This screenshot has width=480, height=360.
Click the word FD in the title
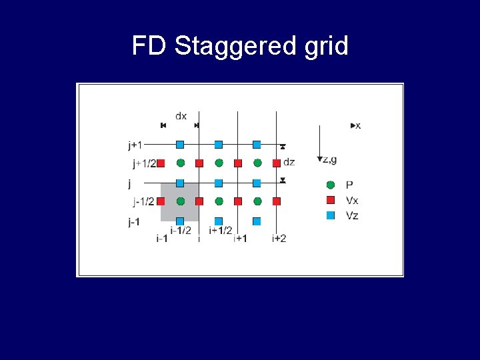[149, 46]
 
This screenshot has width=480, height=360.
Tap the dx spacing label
[181, 115]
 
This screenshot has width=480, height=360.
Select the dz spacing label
[289, 161]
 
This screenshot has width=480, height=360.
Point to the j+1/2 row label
[143, 163]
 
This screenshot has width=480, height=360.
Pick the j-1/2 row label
[143, 201]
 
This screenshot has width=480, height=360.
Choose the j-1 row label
[134, 223]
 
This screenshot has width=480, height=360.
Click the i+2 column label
[279, 238]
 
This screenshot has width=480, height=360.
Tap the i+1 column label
[240, 238]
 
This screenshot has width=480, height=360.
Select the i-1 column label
[161, 238]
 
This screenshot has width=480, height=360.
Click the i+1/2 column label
[220, 231]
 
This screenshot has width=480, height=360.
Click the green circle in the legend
[331, 185]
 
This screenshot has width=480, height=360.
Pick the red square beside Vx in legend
[331, 200]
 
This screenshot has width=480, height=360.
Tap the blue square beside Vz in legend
[331, 215]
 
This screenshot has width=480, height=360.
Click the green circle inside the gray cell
[180, 201]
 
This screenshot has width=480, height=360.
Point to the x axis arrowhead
[353, 125]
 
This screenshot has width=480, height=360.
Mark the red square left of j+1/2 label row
[161, 163]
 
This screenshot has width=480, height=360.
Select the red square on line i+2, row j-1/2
[277, 201]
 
